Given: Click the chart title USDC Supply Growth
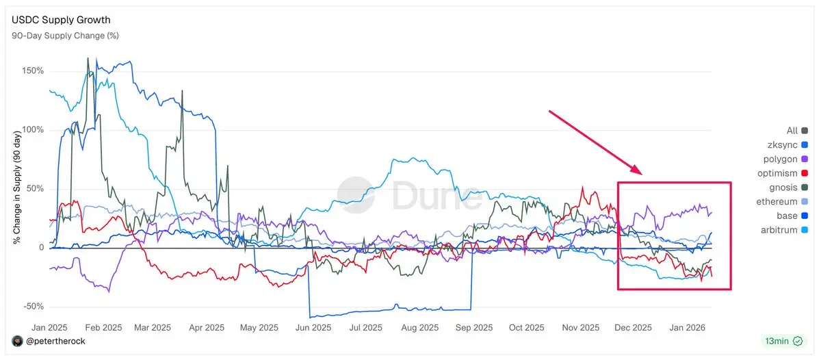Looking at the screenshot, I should pyautogui.click(x=61, y=20).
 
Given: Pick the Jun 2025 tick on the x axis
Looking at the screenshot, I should pyautogui.click(x=311, y=328).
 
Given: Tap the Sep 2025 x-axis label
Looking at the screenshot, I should pyautogui.click(x=473, y=328).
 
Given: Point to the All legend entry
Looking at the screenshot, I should pyautogui.click(x=792, y=130).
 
